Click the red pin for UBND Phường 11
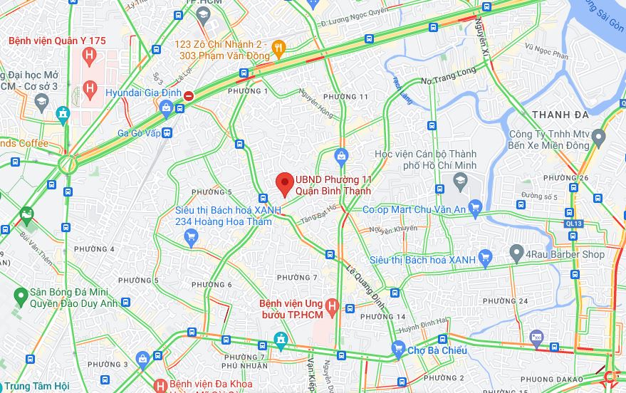pyautogui.click(x=285, y=182)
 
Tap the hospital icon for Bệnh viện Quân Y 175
pyautogui.click(x=89, y=56)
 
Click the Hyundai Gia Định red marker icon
pyautogui.click(x=188, y=95)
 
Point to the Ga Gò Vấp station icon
pyautogui.click(x=167, y=132)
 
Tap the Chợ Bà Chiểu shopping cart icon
pyautogui.click(x=397, y=350)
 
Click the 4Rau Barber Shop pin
pyautogui.click(x=517, y=253)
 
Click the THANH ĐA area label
pyautogui.click(x=560, y=115)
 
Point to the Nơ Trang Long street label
pyautogui.click(x=449, y=80)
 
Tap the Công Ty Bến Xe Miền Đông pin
pyautogui.click(x=598, y=135)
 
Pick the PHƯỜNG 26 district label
pyautogui.click(x=573, y=178)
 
